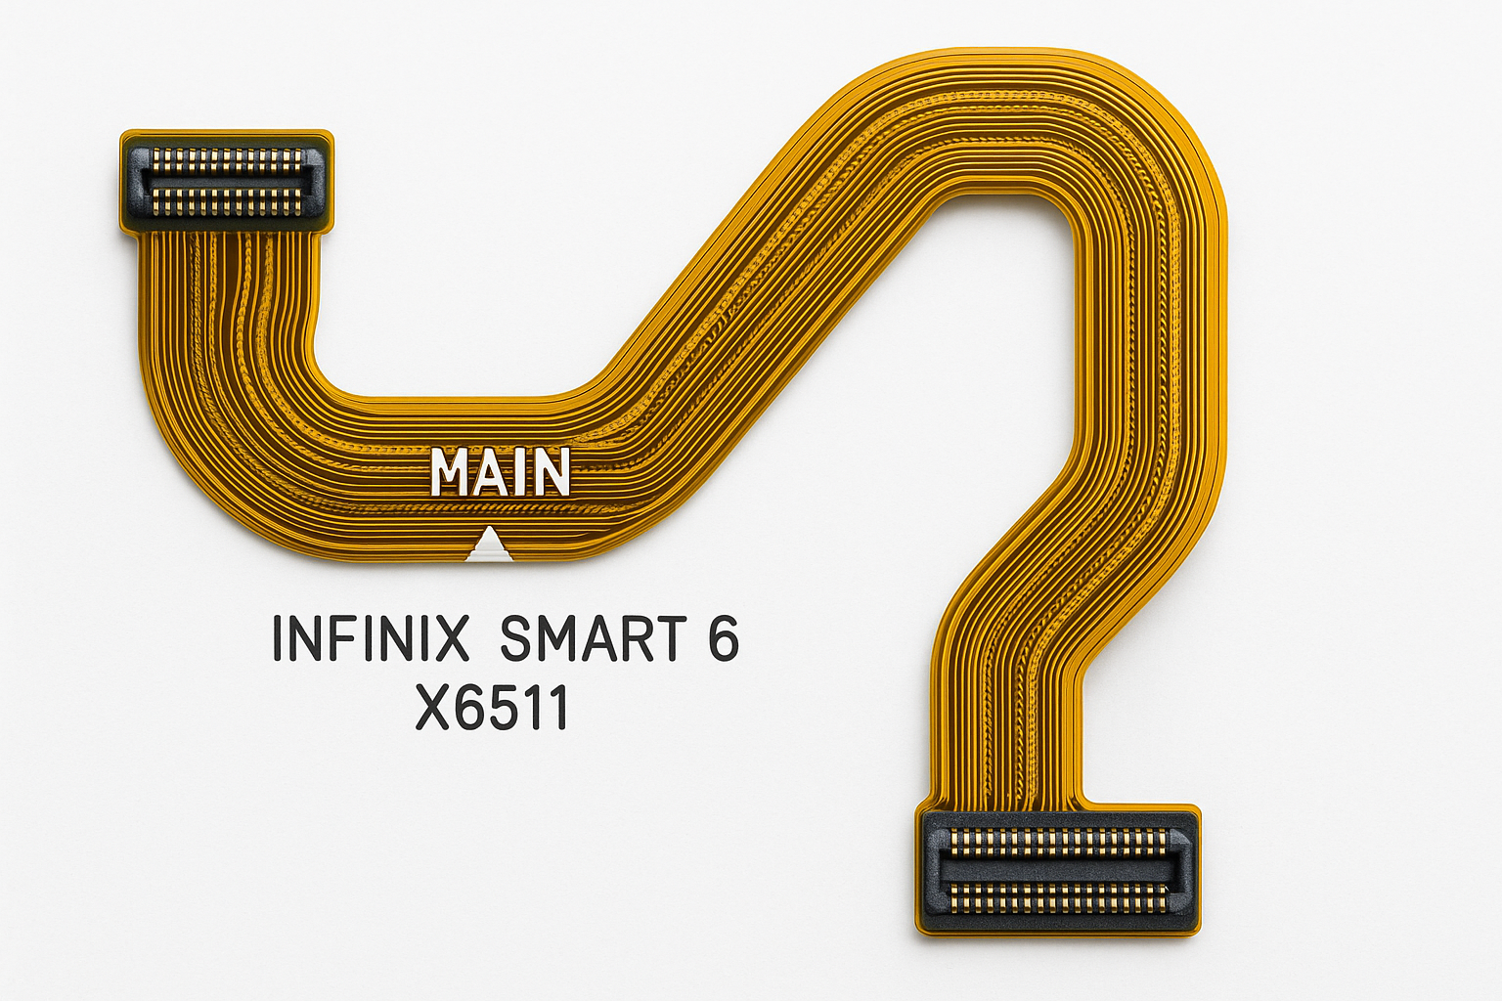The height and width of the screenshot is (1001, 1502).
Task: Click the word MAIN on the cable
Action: tap(500, 472)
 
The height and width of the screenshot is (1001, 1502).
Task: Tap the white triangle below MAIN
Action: tap(489, 546)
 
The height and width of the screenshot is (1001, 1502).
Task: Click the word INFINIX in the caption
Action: tap(370, 638)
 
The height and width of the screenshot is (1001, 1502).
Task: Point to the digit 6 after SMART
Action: tap(723, 638)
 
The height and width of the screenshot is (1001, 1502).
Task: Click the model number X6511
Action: tap(492, 708)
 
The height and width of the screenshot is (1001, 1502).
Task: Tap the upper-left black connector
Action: tap(227, 181)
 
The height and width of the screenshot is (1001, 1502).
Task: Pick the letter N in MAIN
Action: tap(550, 472)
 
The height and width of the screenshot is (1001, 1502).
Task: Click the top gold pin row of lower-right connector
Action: tap(1058, 841)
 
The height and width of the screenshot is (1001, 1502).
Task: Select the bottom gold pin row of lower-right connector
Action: tap(1058, 897)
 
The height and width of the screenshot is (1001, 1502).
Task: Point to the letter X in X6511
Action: tap(433, 708)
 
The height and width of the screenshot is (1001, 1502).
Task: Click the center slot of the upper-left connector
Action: tap(227, 180)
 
